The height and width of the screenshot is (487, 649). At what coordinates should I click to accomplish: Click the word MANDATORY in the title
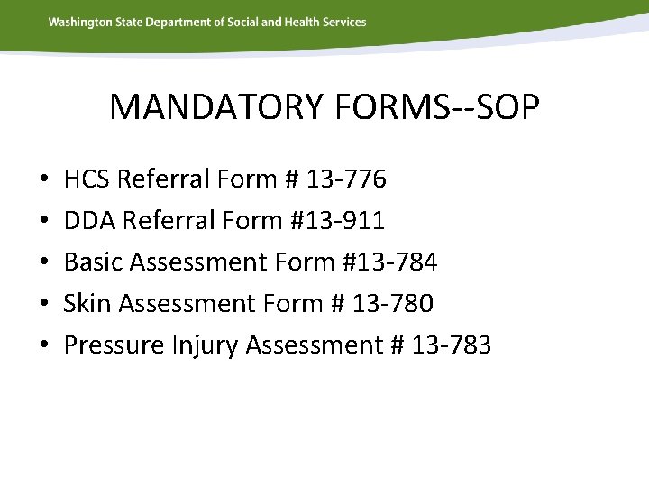tap(215, 107)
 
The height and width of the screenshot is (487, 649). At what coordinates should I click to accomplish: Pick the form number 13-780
tap(393, 304)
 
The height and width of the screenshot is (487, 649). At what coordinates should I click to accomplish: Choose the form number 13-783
tap(451, 345)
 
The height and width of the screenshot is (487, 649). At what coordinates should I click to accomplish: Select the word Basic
tap(94, 262)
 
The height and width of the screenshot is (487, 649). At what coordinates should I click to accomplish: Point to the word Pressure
tap(114, 345)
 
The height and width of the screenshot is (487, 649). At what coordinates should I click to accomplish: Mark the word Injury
tap(205, 345)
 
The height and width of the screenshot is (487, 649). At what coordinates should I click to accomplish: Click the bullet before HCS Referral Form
tap(44, 180)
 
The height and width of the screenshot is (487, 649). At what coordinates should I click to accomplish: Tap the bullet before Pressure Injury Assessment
tap(44, 346)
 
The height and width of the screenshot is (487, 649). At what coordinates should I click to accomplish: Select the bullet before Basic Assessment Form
tap(44, 263)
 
